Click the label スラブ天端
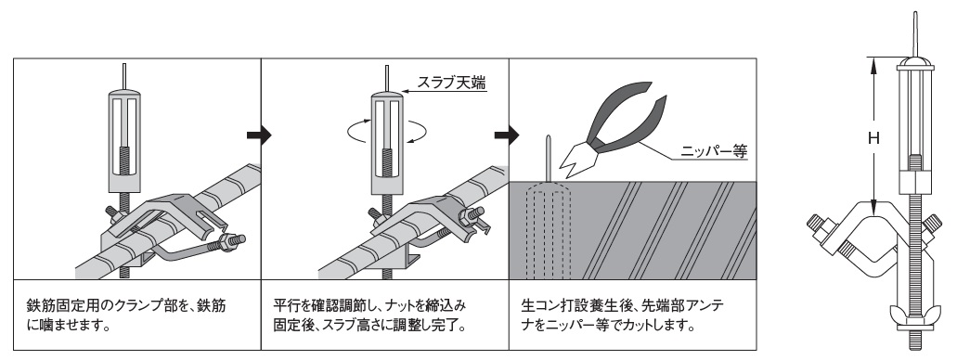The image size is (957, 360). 451,83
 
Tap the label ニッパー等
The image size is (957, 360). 715,151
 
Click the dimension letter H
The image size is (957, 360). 873,138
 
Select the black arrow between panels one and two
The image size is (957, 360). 258,135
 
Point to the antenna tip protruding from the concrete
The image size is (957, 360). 550,158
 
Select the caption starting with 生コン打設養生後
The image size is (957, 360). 623,314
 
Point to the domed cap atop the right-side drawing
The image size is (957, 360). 915,61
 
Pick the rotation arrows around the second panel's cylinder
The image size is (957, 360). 386,131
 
